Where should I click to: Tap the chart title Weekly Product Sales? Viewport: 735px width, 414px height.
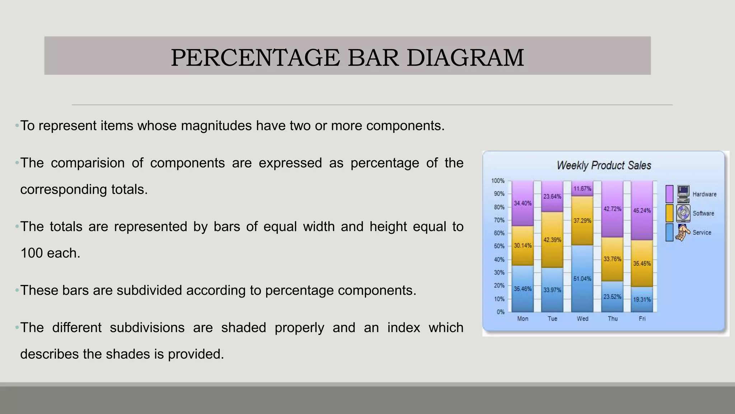604,165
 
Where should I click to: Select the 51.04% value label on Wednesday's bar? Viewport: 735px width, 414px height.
582,279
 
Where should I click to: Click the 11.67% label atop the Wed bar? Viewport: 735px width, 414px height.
582,189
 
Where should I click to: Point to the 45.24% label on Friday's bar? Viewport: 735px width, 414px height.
642,211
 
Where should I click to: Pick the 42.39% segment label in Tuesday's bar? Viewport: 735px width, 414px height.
552,240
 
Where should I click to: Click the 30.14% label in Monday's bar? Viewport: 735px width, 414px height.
523,245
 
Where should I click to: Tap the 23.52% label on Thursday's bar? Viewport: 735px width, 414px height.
612,296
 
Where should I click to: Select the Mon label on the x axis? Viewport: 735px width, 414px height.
523,318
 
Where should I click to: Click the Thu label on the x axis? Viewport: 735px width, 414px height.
613,318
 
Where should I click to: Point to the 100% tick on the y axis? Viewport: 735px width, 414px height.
498,181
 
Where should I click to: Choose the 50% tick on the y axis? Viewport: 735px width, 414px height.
499,246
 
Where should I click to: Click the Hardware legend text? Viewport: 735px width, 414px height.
704,194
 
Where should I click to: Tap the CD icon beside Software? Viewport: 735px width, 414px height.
683,213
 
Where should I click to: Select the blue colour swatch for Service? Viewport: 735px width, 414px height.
669,233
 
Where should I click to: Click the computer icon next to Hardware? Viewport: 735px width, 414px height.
683,194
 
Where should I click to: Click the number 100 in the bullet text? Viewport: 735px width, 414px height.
31,253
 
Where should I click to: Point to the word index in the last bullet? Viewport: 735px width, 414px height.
403,328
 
